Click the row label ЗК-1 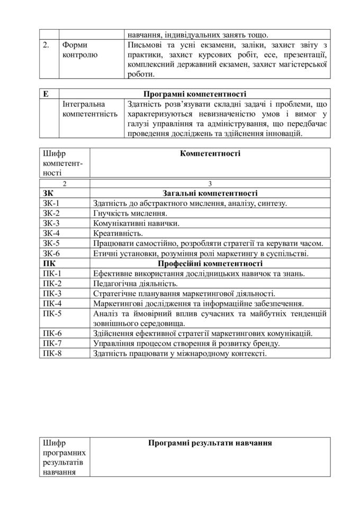pos(51,203)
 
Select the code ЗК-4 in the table pos(51,233)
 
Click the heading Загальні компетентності pos(210,193)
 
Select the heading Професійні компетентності pos(210,263)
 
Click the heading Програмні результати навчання pos(210,443)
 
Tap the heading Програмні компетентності pos(194,94)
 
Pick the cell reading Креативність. pos(118,233)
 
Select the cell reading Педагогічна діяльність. pos(135,284)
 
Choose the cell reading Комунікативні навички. pos(136,223)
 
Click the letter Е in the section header pos(46,94)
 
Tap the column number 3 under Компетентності pos(210,184)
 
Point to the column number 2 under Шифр pos(65,184)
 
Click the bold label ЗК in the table pos(48,193)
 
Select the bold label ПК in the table pos(48,263)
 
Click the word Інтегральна pos(84,104)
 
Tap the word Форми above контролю pos(75,45)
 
